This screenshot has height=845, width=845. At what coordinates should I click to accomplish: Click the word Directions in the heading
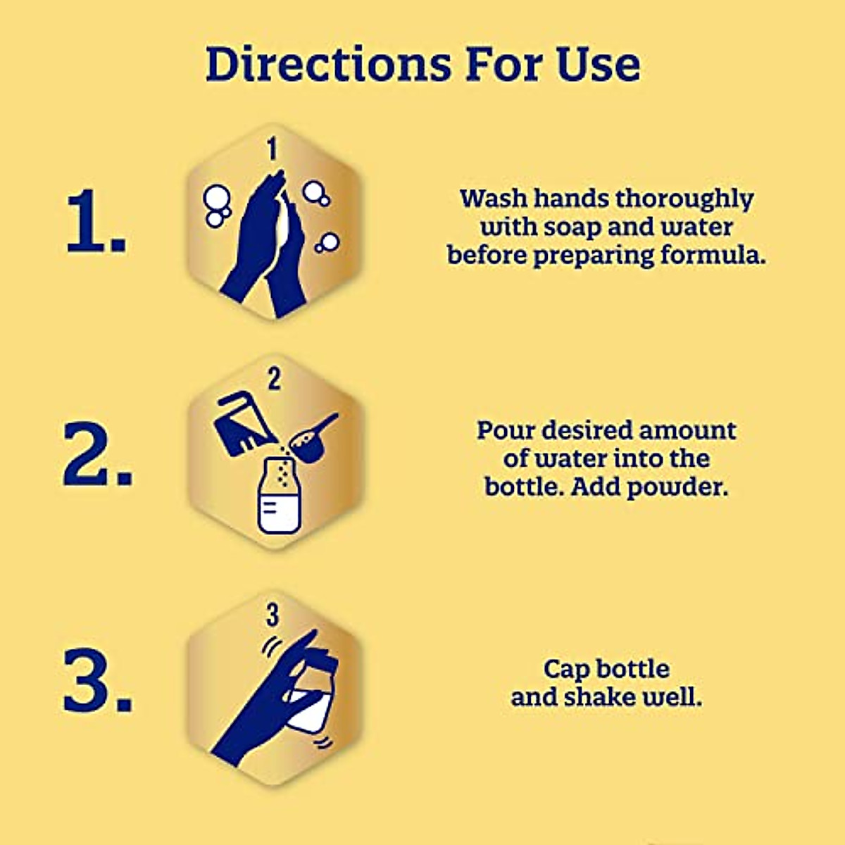tap(328, 64)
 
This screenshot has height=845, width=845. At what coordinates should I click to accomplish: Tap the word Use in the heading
tap(598, 64)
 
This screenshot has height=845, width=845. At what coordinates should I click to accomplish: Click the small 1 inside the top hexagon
tap(273, 149)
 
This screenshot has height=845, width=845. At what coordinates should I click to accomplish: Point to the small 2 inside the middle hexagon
tap(274, 380)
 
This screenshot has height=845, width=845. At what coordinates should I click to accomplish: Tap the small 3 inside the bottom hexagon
tap(273, 615)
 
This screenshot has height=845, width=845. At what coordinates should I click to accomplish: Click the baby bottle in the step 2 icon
tap(280, 497)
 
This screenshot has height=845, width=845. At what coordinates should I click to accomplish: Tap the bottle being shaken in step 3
tap(310, 697)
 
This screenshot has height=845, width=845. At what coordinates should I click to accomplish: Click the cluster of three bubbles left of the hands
tap(217, 205)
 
